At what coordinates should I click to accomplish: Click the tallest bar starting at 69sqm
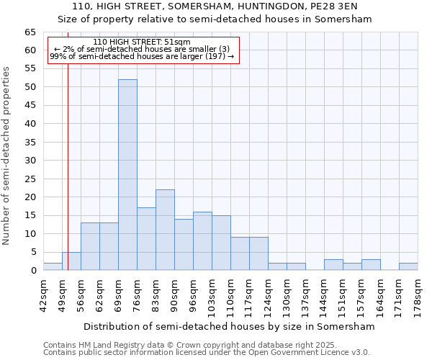pos(127,175)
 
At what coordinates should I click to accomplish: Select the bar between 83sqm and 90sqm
pos(165,230)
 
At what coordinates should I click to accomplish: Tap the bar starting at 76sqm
pos(146,239)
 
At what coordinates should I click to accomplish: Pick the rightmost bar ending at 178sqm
pos(408,266)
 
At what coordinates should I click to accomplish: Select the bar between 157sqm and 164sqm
pos(371,265)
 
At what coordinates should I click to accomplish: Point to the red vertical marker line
pos(68,158)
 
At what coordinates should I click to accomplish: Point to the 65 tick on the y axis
pos(30,32)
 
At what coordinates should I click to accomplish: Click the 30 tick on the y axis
pos(30,161)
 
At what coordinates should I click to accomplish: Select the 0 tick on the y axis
pos(33,271)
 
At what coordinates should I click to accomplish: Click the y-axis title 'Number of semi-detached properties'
pos(6,156)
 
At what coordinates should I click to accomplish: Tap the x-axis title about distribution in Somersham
pos(230,326)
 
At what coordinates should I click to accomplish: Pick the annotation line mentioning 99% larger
pos(142,57)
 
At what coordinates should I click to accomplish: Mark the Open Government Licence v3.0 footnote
pos(207,353)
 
